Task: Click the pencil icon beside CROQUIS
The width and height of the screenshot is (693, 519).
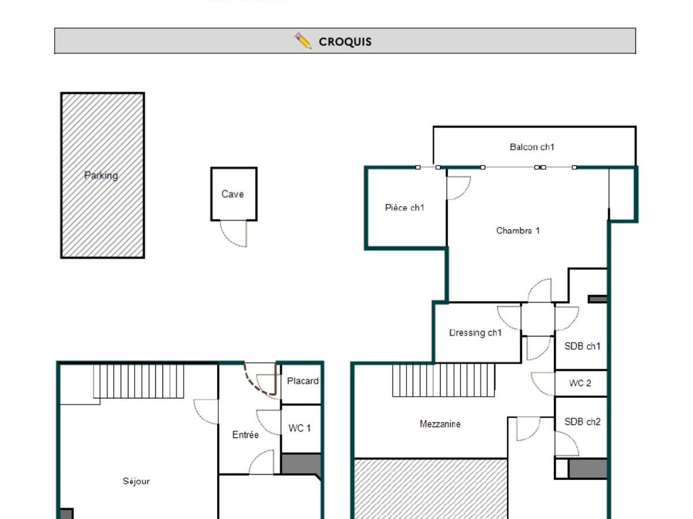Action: coord(303,41)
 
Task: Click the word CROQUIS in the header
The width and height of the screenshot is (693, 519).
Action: coord(345,42)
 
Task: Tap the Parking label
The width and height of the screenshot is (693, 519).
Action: coord(101,175)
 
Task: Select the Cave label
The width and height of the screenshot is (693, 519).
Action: coord(233,194)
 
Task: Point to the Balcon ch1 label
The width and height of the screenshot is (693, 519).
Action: coord(532,147)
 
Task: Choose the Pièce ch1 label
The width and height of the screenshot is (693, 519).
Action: coord(404,208)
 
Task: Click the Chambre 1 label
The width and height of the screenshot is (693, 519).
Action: coord(518,231)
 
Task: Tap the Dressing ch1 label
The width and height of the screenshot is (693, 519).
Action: coord(475,333)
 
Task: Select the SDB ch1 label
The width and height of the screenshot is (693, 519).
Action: coord(582,347)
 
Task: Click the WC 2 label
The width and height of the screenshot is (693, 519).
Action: coord(580,383)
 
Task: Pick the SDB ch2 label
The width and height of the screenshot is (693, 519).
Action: coord(582,422)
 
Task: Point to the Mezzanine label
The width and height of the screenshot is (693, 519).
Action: coord(440,424)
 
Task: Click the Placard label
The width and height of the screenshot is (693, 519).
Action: coord(303,381)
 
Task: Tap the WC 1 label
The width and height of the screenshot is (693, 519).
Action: coord(300,428)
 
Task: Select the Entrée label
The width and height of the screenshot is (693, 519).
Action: coord(245,435)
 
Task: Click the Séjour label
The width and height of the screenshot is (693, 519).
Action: coord(136,481)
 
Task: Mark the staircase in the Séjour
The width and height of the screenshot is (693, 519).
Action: coord(139,381)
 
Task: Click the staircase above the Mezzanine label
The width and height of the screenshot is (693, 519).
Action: coord(444,380)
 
